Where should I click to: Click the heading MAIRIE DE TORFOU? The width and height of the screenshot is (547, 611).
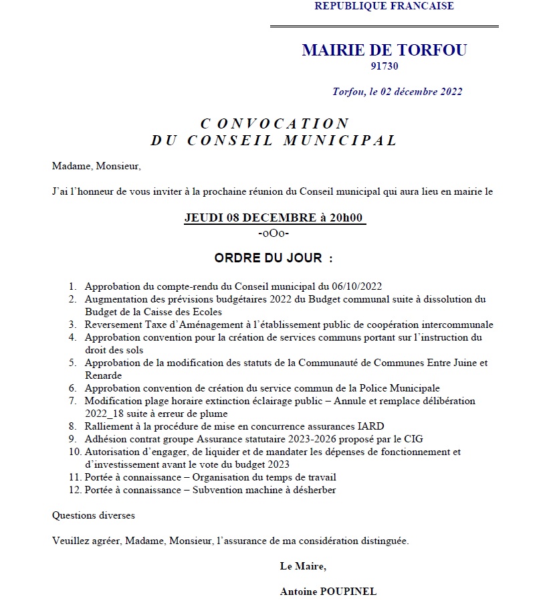click(x=384, y=50)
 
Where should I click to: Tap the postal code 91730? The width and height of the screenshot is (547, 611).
click(x=385, y=66)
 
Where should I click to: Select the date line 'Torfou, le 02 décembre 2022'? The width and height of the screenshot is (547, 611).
click(x=397, y=92)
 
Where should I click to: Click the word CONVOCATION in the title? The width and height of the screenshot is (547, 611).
click(x=275, y=124)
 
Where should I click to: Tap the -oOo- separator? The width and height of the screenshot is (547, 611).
click(x=273, y=233)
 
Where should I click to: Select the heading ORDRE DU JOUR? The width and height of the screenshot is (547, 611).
click(x=273, y=258)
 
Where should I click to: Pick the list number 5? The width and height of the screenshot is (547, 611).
click(x=72, y=363)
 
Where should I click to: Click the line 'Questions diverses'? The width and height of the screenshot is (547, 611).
click(x=94, y=515)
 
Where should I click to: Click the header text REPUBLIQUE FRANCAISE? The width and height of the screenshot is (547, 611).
click(x=384, y=6)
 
